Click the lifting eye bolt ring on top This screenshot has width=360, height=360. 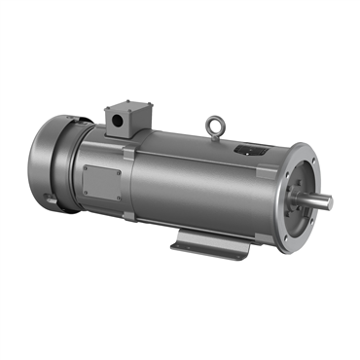click(x=214, y=125)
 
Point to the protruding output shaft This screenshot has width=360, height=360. click(x=320, y=200)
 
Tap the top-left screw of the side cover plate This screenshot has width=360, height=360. click(x=87, y=167)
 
